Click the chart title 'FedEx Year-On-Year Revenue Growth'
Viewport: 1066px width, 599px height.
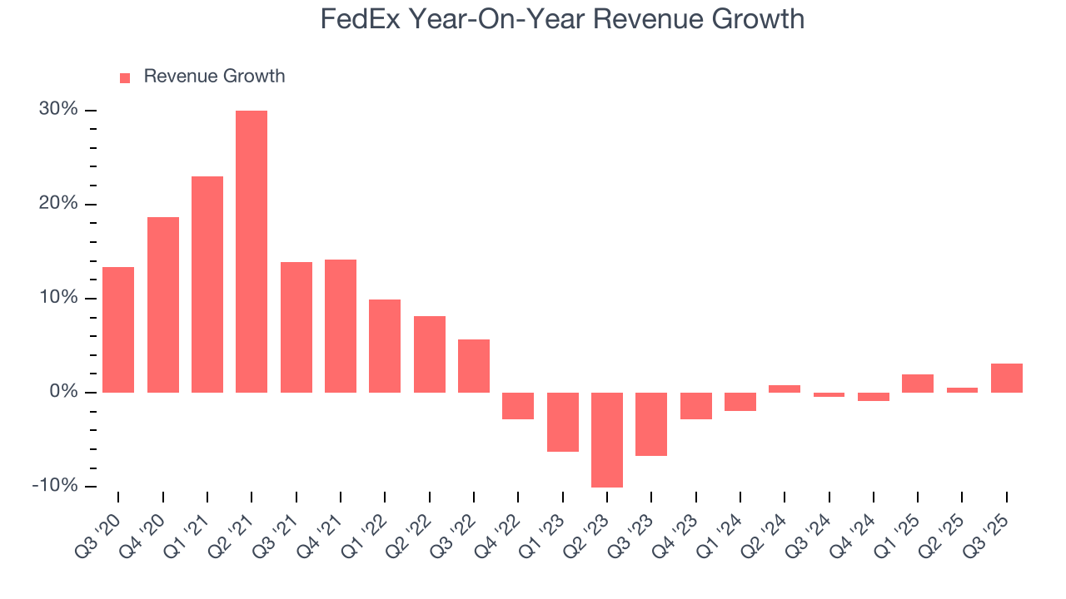(562, 18)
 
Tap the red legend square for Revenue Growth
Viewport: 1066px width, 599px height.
(125, 78)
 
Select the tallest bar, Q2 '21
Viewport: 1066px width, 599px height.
(252, 251)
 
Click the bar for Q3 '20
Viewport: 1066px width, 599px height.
(118, 329)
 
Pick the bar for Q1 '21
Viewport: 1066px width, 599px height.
(207, 285)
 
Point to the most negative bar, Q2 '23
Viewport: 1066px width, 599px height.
(607, 439)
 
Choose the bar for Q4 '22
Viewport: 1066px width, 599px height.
(518, 406)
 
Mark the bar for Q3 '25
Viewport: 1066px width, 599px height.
(1006, 378)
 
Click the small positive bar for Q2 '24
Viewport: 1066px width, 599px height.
(785, 389)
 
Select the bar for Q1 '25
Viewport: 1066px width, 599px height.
(918, 384)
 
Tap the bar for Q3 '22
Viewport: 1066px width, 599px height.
(474, 366)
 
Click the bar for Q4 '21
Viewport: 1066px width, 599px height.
(341, 326)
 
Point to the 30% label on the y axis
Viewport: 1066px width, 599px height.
(57, 110)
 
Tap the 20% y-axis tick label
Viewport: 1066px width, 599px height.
(57, 204)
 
